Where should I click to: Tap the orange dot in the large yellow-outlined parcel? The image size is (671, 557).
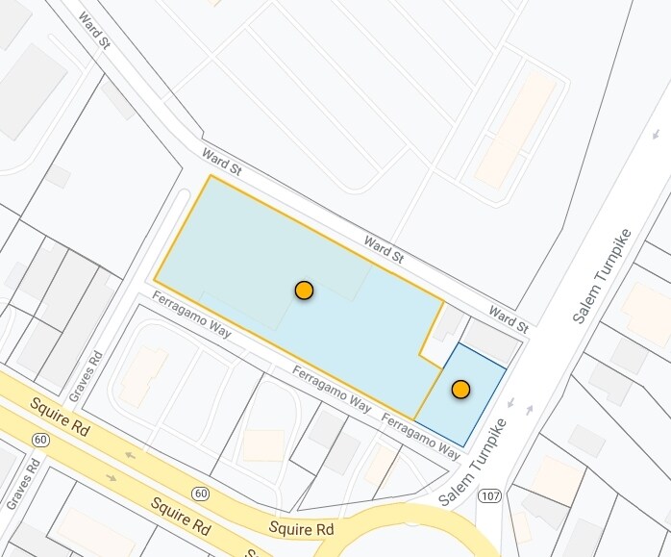tap(304, 290)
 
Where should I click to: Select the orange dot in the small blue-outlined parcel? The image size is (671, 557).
tap(460, 390)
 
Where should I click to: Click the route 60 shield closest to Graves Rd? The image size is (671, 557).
tap(40, 439)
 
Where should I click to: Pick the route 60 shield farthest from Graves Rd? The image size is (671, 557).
tap(200, 494)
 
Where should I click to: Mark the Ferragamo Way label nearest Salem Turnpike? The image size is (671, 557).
tap(420, 434)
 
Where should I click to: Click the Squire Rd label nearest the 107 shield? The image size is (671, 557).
tap(301, 528)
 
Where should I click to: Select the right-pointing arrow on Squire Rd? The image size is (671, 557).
tap(112, 477)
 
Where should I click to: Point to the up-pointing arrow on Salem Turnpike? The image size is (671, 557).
tap(528, 410)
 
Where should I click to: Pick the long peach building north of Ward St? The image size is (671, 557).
tap(516, 129)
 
